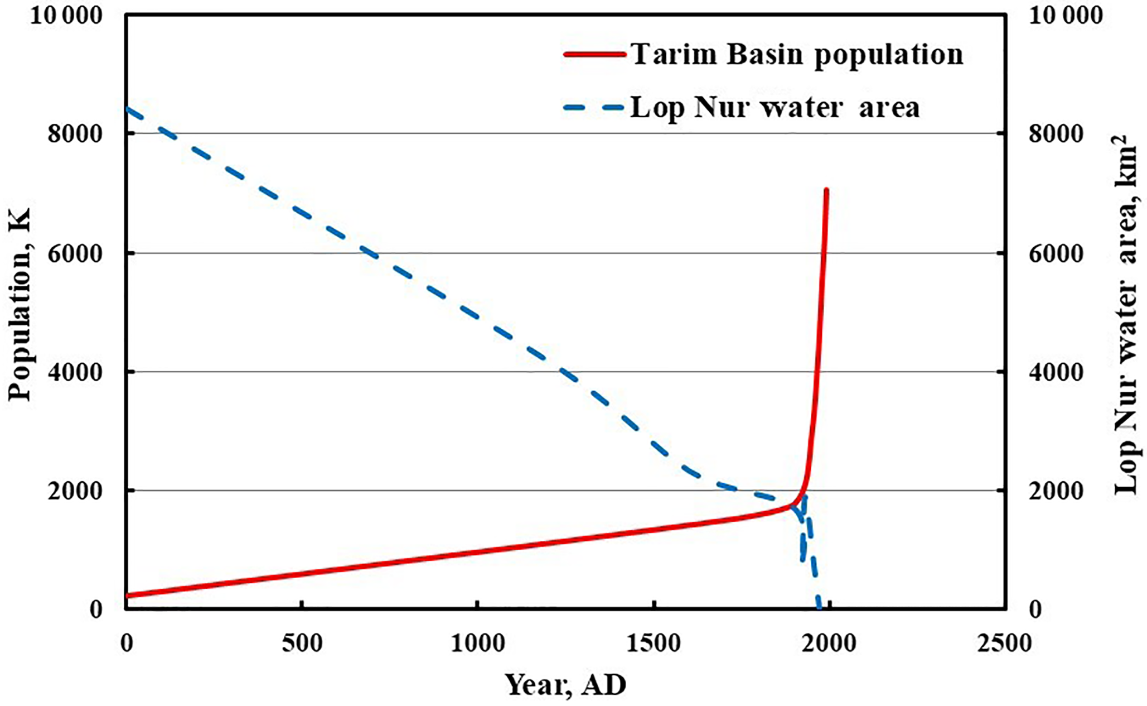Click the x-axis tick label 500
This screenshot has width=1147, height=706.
pyautogui.click(x=302, y=643)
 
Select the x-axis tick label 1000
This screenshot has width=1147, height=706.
pyautogui.click(x=477, y=643)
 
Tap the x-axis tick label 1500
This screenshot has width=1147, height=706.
pyautogui.click(x=653, y=643)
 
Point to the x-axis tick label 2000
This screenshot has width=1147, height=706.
pyautogui.click(x=829, y=643)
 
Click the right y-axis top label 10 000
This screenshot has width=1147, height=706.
pyautogui.click(x=1065, y=16)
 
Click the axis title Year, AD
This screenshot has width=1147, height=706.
pyautogui.click(x=565, y=684)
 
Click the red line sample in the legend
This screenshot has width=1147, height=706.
pyautogui.click(x=594, y=55)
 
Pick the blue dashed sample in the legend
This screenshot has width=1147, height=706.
pyautogui.click(x=594, y=108)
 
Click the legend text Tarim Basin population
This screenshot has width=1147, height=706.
pyautogui.click(x=797, y=55)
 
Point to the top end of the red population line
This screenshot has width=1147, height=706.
pyautogui.click(x=826, y=191)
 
